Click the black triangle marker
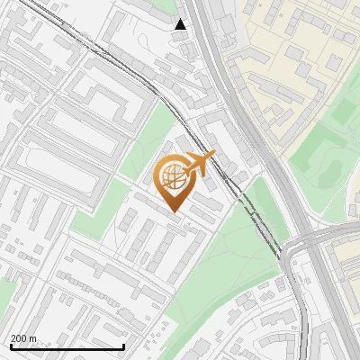click(181, 24)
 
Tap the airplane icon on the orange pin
click(199, 164)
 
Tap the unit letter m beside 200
click(33, 338)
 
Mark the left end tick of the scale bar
click(10, 346)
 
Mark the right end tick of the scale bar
click(123, 346)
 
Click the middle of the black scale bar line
click(67, 347)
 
